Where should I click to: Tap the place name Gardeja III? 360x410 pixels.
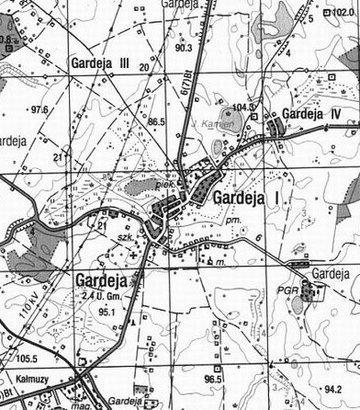pos(98,63)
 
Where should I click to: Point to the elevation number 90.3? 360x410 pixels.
pos(183,48)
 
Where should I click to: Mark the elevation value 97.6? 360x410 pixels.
pos(39,109)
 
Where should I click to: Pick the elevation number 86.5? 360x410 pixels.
pos(155,121)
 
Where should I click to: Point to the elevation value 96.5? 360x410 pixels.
pos(214,379)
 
